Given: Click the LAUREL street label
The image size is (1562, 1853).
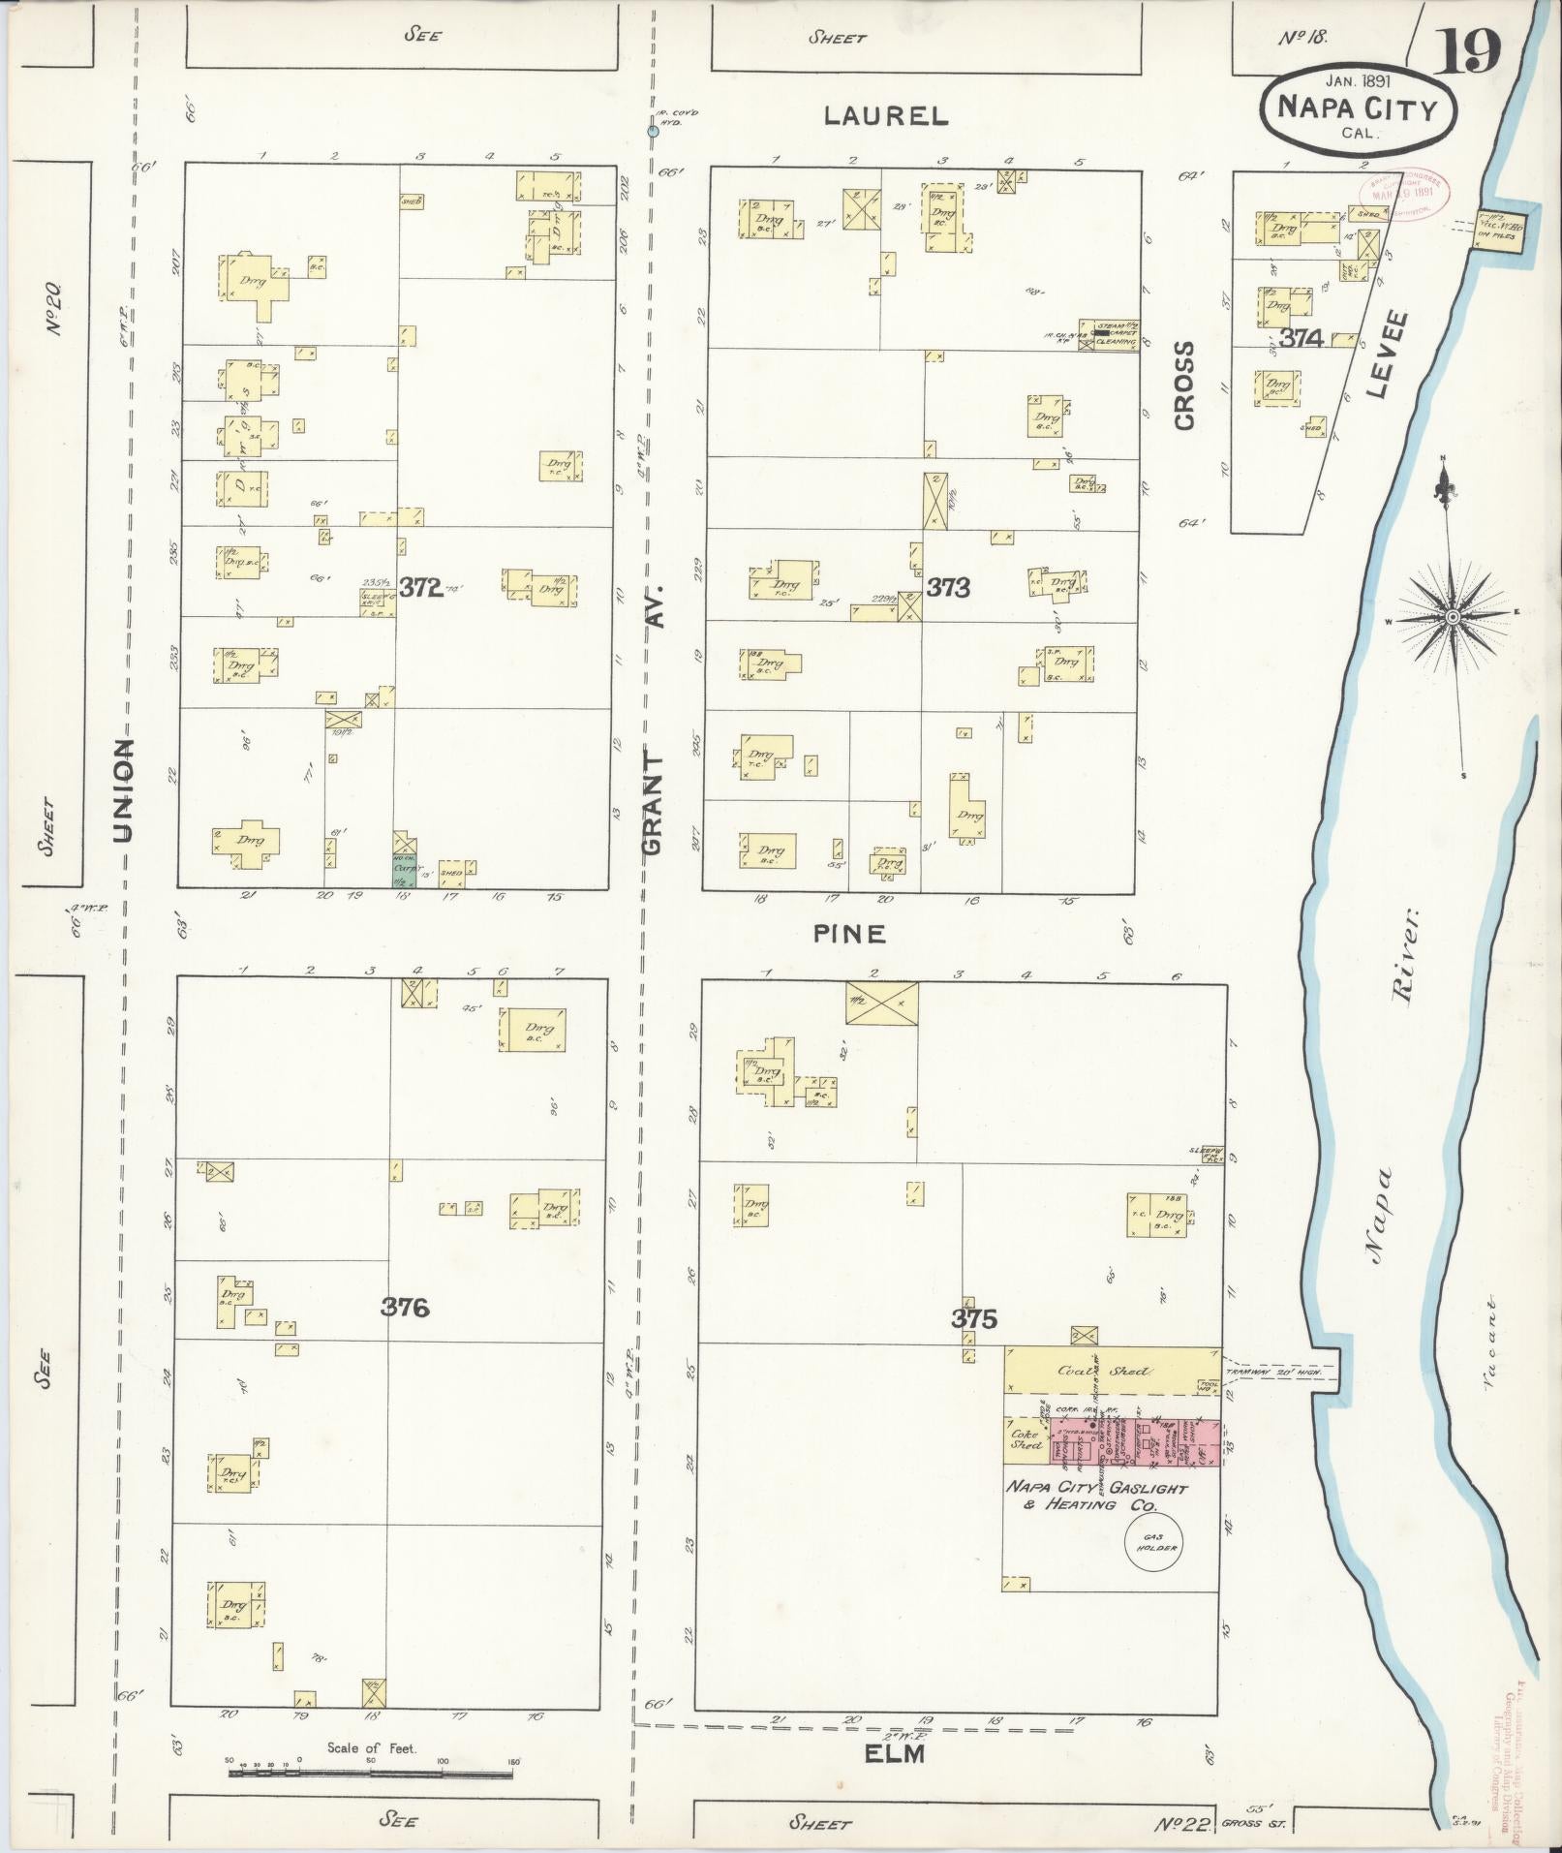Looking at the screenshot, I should (885, 116).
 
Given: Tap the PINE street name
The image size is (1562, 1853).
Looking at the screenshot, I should (849, 933).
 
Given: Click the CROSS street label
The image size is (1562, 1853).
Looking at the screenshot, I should (1184, 385).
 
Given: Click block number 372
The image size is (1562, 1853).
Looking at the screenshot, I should (420, 587).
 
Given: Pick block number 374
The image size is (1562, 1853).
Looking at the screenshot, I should (1300, 338).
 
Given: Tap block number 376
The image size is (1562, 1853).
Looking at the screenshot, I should (404, 1307).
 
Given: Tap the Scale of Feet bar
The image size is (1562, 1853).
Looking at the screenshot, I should (371, 1774).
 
